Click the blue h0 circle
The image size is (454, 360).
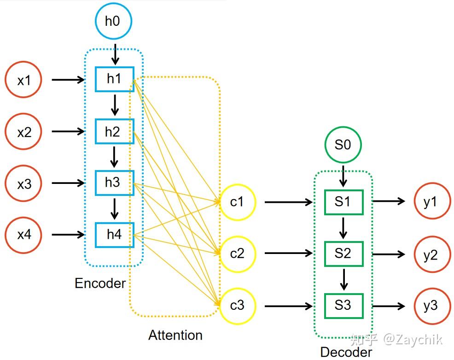tap(114, 21)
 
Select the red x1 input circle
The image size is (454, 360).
tap(23, 80)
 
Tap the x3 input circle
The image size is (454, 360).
tap(23, 183)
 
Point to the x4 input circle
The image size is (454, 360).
tap(23, 235)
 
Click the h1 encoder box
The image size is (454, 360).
tap(114, 79)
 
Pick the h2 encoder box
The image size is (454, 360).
tap(114, 131)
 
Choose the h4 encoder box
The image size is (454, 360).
tap(114, 235)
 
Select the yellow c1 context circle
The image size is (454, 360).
tap(237, 202)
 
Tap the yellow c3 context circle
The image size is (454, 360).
tap(237, 305)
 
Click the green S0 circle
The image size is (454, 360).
tap(342, 145)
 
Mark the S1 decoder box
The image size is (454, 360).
tap(343, 202)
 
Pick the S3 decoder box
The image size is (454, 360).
tap(343, 306)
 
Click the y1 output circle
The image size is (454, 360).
tap(431, 202)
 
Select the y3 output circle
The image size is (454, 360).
tap(431, 306)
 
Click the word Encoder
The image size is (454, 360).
tap(100, 283)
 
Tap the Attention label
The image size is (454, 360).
tap(175, 335)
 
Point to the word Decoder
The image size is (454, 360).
tap(346, 353)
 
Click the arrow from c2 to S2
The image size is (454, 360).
tap(288, 254)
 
